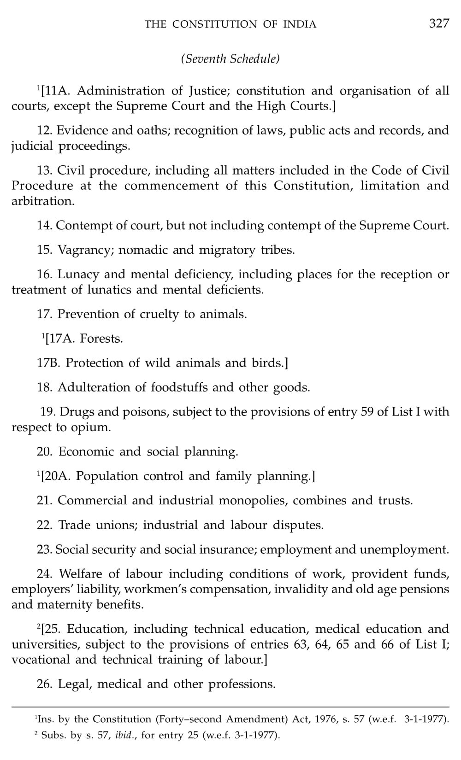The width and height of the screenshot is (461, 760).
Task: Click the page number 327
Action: (x=439, y=23)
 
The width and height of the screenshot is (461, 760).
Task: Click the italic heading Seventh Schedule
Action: (x=230, y=59)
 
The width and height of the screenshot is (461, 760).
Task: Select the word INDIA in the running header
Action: (x=299, y=24)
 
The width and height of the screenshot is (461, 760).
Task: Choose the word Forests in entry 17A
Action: (x=101, y=339)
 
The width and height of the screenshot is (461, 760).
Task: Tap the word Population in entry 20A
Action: (x=107, y=476)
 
